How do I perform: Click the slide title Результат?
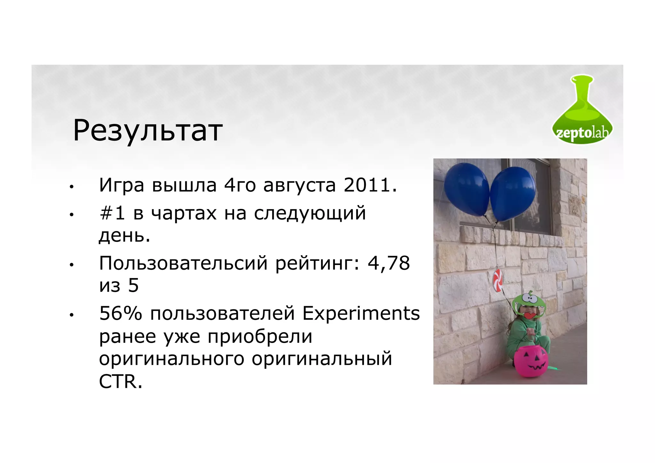(148, 131)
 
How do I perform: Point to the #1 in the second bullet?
(112, 213)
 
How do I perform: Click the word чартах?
(184, 214)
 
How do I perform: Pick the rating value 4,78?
(389, 263)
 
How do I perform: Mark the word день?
(124, 236)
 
